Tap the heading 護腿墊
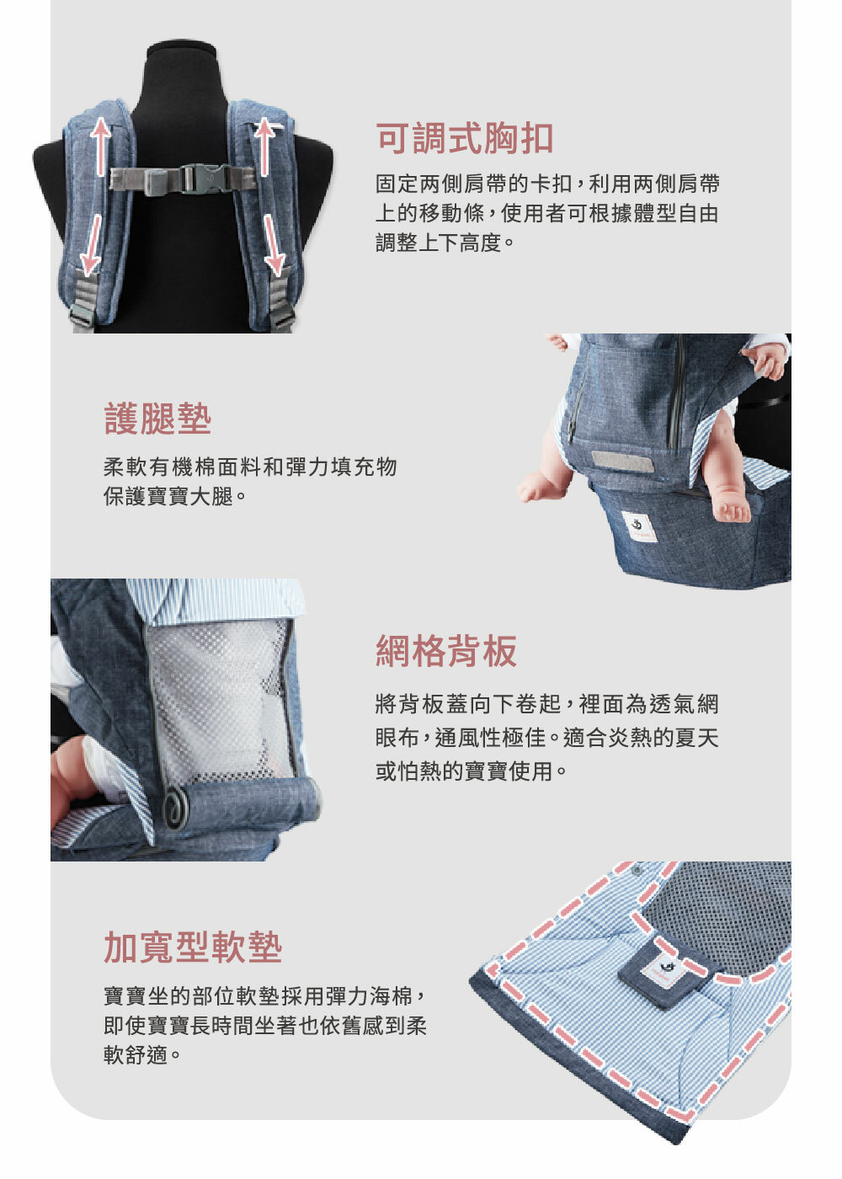point(157,419)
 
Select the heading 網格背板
point(446,651)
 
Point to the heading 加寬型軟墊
point(193,947)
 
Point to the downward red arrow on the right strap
point(272,244)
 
